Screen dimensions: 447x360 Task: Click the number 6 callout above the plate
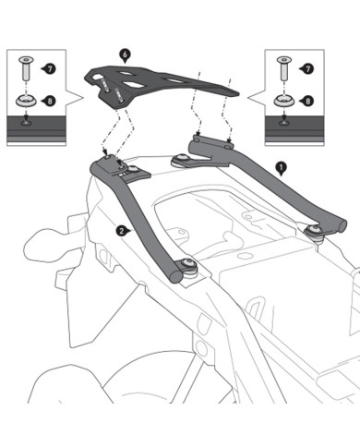coord(126,55)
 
